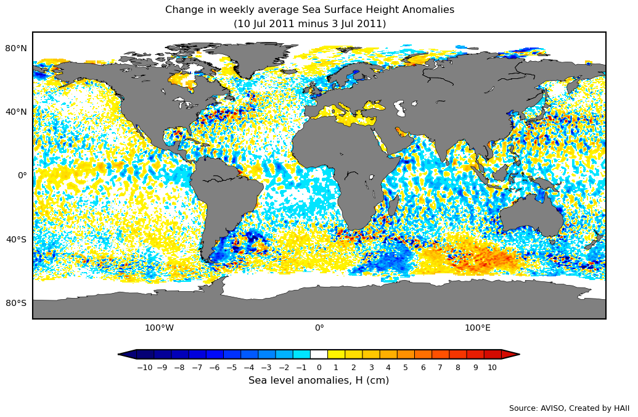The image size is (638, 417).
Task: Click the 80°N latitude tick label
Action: click(16, 48)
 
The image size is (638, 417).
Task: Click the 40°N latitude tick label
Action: click(16, 112)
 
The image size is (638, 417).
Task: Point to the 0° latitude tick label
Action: click(22, 175)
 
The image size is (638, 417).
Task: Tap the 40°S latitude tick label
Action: click(16, 239)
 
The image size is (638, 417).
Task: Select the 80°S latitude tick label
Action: click(16, 303)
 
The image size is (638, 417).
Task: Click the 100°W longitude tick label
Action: click(159, 328)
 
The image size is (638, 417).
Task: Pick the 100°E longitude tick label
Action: click(478, 328)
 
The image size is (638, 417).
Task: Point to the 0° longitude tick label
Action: click(319, 328)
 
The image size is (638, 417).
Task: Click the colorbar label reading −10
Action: click(144, 368)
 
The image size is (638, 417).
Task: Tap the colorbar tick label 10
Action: click(492, 368)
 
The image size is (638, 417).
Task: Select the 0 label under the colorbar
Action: click(319, 368)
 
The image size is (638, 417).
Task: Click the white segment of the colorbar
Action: click(319, 354)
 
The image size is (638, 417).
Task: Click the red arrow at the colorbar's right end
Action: click(510, 354)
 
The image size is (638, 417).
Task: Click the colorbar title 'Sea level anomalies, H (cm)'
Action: click(319, 381)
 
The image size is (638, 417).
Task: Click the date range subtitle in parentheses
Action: click(309, 24)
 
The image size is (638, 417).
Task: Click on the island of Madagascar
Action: click(393, 204)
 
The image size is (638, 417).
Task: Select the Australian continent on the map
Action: click(530, 219)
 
